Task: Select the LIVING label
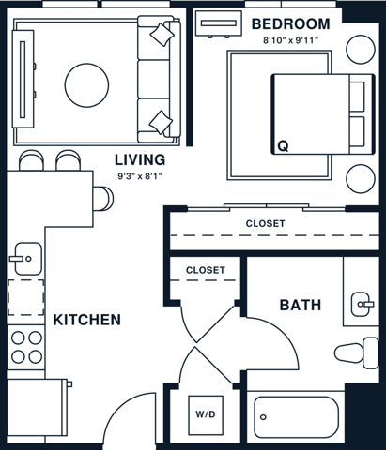[140, 158]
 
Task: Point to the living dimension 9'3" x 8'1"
[141, 175]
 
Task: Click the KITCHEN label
[86, 320]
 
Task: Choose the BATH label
[301, 305]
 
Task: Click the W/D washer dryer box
[205, 412]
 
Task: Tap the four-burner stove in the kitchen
[25, 346]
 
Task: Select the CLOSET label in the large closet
[265, 223]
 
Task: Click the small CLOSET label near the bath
[205, 269]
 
